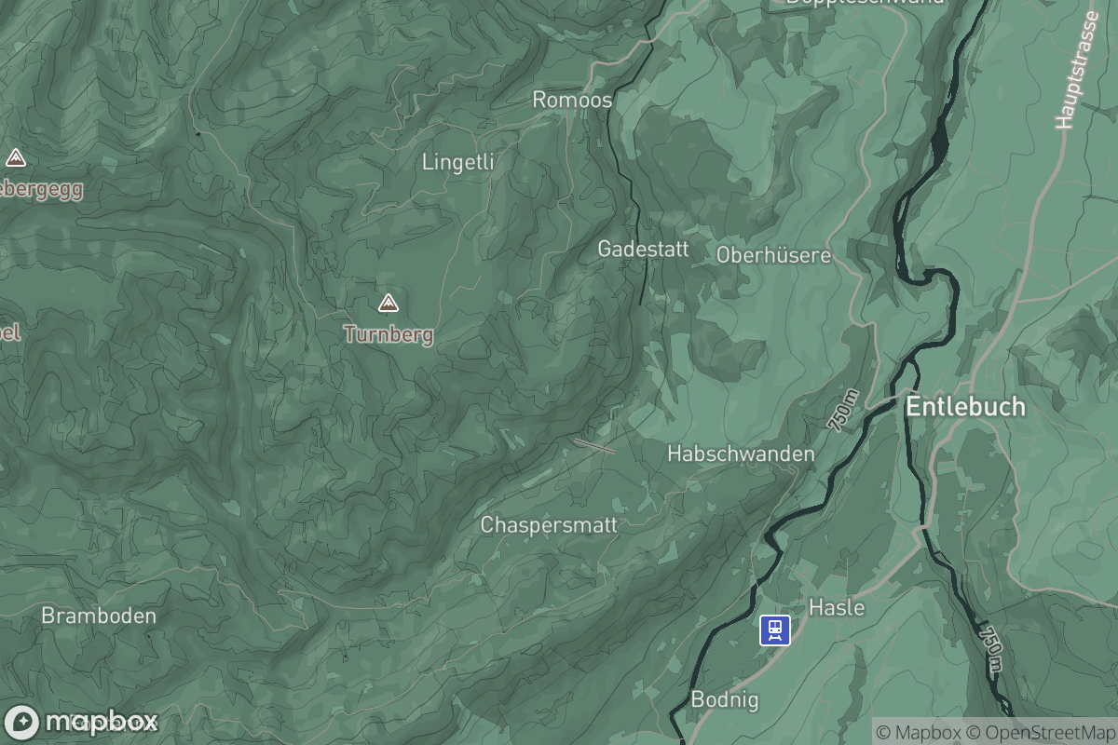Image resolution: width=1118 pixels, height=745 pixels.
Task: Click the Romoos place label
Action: [572, 100]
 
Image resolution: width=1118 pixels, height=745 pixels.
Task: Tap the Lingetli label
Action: [457, 162]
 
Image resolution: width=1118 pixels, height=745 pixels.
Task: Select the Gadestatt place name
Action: [643, 249]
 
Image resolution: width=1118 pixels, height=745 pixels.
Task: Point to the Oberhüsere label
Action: [773, 254]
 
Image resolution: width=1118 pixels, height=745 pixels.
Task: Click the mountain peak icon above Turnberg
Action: [388, 303]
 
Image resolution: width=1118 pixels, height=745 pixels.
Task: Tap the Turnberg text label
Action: [389, 334]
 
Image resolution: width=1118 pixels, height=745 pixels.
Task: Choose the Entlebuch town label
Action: [965, 407]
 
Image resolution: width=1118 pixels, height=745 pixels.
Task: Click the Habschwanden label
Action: [741, 454]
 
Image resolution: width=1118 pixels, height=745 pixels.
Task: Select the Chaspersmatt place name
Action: [549, 525]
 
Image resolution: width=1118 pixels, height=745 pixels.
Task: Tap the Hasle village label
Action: [837, 608]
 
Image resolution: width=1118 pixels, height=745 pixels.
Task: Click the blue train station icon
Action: [775, 630]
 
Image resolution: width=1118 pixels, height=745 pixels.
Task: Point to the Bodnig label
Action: [725, 699]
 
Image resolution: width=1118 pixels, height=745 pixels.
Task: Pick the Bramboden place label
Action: [99, 616]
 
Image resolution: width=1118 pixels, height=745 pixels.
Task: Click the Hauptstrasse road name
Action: [1078, 70]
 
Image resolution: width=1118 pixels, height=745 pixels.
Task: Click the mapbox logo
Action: [82, 722]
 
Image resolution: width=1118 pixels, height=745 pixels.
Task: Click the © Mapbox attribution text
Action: [918, 732]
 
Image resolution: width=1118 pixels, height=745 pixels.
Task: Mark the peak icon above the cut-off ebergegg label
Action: [15, 157]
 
